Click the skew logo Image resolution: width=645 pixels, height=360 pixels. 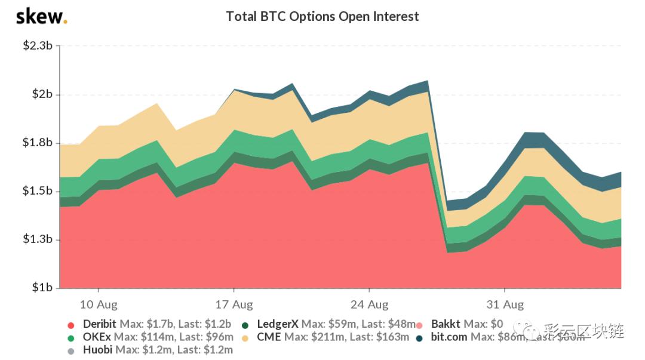41,16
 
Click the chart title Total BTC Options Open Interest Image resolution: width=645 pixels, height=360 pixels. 322,16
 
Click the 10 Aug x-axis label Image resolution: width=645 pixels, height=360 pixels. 98,304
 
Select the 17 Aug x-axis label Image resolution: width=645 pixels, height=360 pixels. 234,304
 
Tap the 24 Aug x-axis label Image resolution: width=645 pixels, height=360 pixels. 369,304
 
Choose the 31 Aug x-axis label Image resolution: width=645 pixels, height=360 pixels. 505,304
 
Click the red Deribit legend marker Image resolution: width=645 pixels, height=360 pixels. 70,325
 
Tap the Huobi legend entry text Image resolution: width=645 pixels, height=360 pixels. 158,350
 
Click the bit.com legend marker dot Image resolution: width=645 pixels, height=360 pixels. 420,338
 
